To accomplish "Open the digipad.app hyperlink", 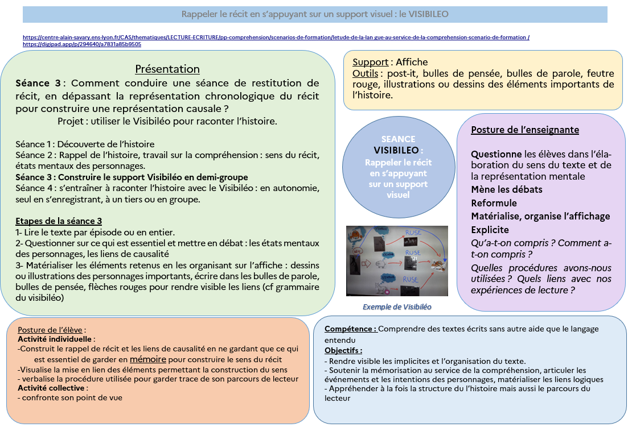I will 81,44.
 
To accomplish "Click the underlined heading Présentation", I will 167,69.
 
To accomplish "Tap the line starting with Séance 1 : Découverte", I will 85,144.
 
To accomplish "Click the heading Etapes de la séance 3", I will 59,221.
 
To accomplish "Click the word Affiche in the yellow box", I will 412,63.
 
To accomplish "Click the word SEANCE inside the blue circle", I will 398,139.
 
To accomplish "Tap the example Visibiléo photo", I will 397,261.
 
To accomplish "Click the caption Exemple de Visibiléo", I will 397,307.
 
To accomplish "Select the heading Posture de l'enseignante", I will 525,130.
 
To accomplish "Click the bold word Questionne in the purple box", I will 496,154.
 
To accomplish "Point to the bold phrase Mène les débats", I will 507,189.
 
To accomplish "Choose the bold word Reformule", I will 494,203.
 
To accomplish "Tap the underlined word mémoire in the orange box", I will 148,359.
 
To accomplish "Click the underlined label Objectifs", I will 343,350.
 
